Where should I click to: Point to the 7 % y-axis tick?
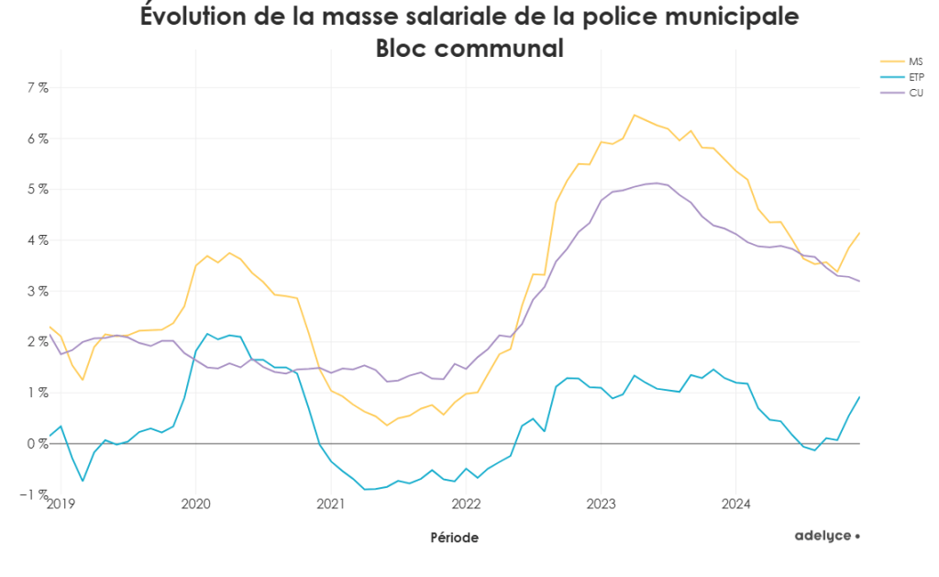[37, 88]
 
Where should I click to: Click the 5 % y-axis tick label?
[37, 190]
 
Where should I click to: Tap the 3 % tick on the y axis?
[37, 292]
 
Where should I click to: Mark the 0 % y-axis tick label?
[37, 444]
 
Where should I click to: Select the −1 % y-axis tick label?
[35, 494]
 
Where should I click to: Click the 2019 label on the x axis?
[60, 504]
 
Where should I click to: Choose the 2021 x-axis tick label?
[331, 504]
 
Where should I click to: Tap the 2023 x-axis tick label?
[601, 504]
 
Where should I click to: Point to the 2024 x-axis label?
[736, 504]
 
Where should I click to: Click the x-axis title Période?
[454, 538]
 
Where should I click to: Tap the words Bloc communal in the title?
[469, 48]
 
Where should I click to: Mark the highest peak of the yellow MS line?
[634, 115]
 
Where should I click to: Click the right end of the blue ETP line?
[859, 397]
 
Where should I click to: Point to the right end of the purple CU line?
[859, 282]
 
